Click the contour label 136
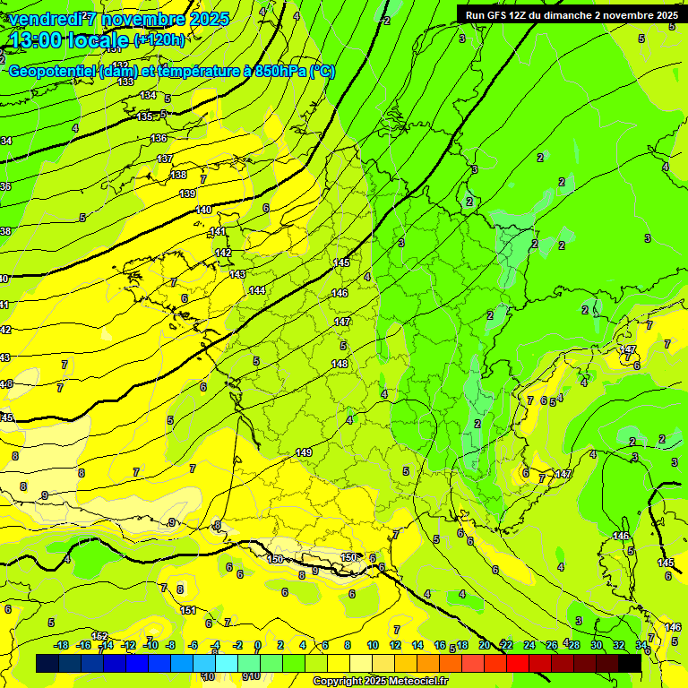[x=159, y=138]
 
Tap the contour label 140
[x=203, y=210]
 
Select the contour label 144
[x=257, y=290]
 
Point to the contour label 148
[x=340, y=364]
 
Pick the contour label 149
[x=304, y=452]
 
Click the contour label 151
[x=188, y=610]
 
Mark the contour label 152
[x=99, y=636]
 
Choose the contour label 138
[x=178, y=175]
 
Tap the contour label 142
[x=223, y=254]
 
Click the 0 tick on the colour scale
[x=257, y=645]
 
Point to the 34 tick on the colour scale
[x=641, y=645]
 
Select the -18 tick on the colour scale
[x=61, y=645]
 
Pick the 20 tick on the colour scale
[x=485, y=645]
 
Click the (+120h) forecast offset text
[x=159, y=39]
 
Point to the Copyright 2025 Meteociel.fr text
[x=380, y=681]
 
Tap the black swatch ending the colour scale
[x=630, y=663]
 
